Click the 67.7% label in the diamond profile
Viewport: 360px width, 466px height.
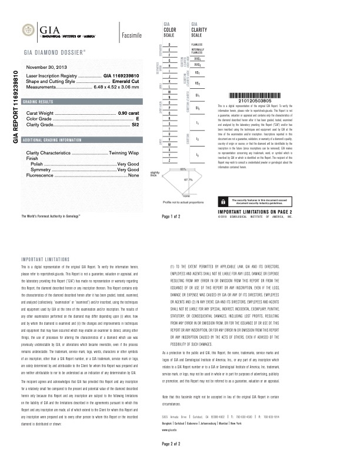pos(188,179)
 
